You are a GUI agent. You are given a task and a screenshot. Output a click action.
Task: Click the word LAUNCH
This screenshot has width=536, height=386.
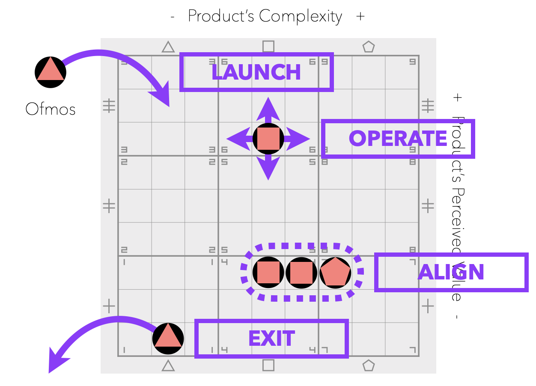[256, 72]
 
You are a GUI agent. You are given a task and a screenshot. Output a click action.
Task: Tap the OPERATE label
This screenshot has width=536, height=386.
[398, 139]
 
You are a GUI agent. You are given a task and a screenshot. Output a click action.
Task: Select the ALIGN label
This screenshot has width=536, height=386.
[451, 273]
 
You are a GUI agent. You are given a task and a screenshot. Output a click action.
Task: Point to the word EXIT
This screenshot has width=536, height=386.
[271, 339]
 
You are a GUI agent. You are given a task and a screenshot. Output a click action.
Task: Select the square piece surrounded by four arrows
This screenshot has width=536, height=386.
[268, 139]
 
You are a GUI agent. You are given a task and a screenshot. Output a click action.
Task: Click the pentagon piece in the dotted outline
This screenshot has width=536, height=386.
[335, 272]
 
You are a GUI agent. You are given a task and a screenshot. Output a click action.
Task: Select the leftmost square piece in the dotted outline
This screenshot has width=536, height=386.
[268, 272]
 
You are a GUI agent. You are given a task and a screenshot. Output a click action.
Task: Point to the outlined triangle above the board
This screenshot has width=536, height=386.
[168, 47]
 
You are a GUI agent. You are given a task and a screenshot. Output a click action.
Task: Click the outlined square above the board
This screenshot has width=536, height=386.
[268, 46]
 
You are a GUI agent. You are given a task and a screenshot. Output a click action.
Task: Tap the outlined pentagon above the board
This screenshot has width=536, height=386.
[369, 47]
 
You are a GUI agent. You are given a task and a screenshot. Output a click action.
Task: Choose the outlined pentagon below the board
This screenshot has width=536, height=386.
[369, 365]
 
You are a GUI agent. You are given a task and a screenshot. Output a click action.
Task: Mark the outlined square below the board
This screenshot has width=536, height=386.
[268, 365]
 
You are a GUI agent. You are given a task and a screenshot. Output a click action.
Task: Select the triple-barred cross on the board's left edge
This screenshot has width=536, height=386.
[109, 105]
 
